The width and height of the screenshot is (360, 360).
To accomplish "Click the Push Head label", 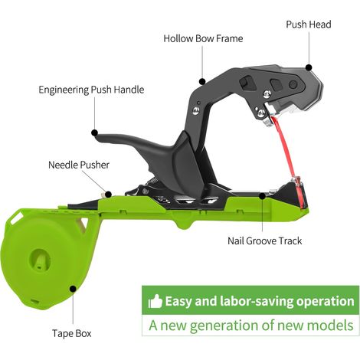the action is click(x=309, y=25).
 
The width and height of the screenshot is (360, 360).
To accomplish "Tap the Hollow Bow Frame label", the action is click(x=203, y=38).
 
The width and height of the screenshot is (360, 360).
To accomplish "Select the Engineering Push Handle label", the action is click(x=91, y=90).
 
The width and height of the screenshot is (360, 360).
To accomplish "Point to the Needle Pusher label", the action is click(x=79, y=165).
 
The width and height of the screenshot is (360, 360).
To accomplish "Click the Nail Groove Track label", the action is click(x=265, y=241).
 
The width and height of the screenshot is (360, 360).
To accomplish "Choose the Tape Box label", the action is click(x=72, y=333).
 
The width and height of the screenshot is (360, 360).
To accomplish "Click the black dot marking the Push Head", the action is click(x=309, y=67).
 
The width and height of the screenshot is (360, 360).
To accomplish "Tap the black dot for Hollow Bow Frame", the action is click(x=202, y=81).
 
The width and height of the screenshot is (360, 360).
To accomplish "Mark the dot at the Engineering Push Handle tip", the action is click(x=95, y=133).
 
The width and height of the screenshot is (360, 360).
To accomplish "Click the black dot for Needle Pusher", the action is click(x=108, y=195).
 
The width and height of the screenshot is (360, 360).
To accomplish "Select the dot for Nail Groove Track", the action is click(x=262, y=196).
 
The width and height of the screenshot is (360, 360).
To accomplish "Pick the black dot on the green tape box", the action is click(x=73, y=289).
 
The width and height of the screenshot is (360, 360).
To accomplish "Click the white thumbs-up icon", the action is click(x=155, y=301).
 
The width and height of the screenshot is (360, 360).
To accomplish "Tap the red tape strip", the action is click(x=286, y=147).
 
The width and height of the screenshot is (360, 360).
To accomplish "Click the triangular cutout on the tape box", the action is click(x=83, y=224).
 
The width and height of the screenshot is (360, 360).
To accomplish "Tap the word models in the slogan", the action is click(x=330, y=326).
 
